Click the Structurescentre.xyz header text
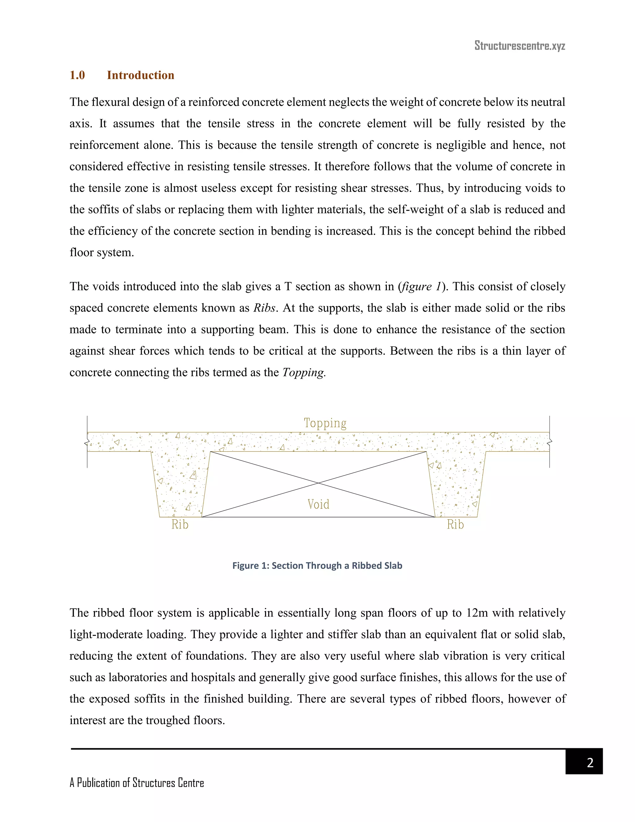click(520, 46)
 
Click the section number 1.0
click(77, 75)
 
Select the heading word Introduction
click(140, 75)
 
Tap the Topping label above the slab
click(325, 423)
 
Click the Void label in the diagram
click(318, 504)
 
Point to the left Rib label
click(180, 524)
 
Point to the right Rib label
click(455, 524)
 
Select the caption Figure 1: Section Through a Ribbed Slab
click(317, 566)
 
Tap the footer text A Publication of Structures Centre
click(136, 783)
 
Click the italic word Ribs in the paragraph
click(264, 308)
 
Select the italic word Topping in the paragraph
click(303, 372)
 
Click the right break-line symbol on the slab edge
click(550, 441)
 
